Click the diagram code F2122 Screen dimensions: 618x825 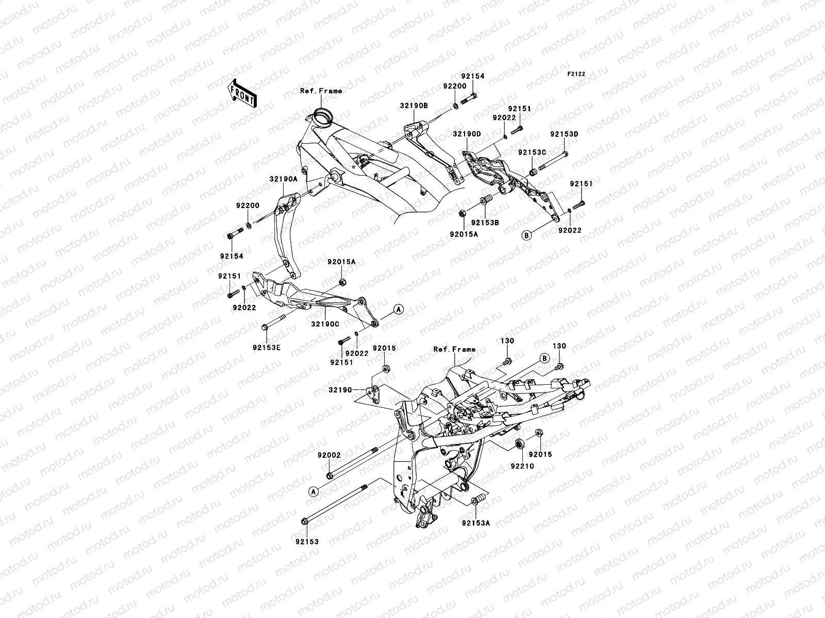tap(576, 74)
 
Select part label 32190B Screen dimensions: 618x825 tap(413, 106)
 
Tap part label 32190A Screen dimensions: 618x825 tap(283, 179)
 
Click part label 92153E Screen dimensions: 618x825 tap(267, 348)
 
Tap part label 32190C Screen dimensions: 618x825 tap(325, 324)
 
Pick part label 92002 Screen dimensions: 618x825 tap(329, 455)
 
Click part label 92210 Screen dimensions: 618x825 tap(522, 466)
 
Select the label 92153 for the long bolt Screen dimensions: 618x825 tap(307, 542)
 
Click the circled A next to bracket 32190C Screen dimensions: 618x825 tap(398, 309)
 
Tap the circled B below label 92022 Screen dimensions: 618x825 tap(526, 235)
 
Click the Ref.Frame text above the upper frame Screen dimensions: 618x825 tap(335, 91)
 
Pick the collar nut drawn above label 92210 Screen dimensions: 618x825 tap(519, 444)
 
